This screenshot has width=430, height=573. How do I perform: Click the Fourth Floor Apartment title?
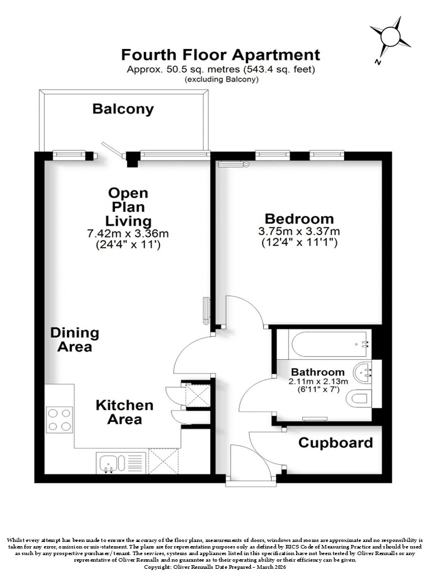(220, 55)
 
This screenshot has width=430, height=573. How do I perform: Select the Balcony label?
(123, 109)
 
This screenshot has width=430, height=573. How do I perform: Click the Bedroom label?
(299, 218)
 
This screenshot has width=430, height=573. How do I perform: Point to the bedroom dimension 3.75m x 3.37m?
(299, 232)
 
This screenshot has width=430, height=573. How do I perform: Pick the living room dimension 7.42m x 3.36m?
(128, 233)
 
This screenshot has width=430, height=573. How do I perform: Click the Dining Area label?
(75, 340)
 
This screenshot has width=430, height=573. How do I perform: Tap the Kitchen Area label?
(125, 412)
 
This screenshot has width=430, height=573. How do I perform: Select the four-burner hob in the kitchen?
(60, 420)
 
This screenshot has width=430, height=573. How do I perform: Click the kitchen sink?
(112, 463)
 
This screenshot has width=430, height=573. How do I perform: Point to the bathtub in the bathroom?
(328, 344)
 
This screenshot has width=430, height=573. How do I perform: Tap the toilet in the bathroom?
(359, 398)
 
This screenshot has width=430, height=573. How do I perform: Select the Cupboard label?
(336, 443)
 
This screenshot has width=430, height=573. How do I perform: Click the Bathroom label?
(318, 372)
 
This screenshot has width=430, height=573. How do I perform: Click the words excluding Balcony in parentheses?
(222, 79)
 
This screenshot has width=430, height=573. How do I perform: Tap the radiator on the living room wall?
(207, 311)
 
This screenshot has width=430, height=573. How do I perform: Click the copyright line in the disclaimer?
(214, 567)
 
